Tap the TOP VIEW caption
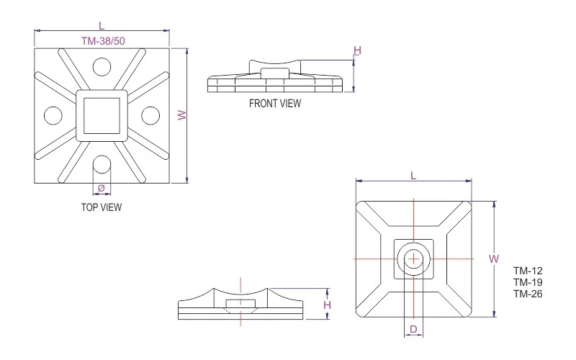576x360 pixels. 102,207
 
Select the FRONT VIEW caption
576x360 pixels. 275,103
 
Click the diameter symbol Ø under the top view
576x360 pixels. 102,188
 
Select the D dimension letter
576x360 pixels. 413,329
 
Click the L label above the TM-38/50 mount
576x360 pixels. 102,26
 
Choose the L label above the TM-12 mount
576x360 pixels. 413,176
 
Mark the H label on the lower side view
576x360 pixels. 327,305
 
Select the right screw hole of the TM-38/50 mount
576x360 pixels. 150,115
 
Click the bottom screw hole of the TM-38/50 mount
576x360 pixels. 102,164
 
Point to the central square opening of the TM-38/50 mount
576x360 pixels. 102,115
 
